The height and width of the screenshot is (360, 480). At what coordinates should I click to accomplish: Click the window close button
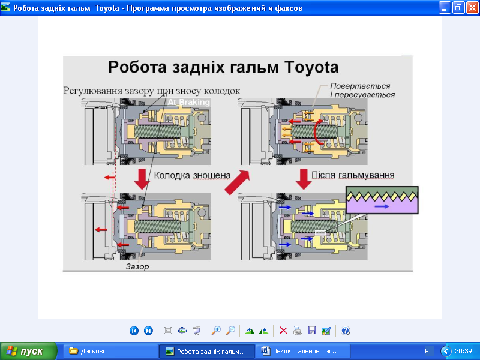click(x=472, y=7)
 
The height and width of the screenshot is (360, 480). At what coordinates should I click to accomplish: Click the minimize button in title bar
click(x=444, y=7)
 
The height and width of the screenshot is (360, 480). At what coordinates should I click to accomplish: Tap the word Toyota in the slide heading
click(x=311, y=68)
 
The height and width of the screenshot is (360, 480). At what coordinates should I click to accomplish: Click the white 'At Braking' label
click(x=189, y=102)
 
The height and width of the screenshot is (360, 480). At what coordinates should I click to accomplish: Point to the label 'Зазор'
click(x=137, y=266)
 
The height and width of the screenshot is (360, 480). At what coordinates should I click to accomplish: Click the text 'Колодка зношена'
click(x=192, y=175)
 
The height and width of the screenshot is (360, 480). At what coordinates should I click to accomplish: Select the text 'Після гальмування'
click(x=353, y=175)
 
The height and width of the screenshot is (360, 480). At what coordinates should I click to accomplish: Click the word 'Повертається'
click(x=360, y=86)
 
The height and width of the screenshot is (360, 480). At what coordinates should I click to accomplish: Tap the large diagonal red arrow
click(x=237, y=182)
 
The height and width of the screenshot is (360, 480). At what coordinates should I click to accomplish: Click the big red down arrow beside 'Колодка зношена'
click(x=142, y=179)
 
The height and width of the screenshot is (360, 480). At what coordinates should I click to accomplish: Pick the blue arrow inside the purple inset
click(x=382, y=206)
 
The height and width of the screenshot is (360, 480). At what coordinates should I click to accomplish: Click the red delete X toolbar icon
click(x=283, y=331)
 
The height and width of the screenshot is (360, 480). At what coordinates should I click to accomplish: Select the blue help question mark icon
click(x=346, y=331)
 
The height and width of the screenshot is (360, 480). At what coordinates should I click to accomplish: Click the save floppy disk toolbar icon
click(x=312, y=331)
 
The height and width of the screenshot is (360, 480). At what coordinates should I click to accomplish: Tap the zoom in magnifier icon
click(x=216, y=331)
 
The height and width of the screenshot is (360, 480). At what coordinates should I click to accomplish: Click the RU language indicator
click(x=429, y=351)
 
